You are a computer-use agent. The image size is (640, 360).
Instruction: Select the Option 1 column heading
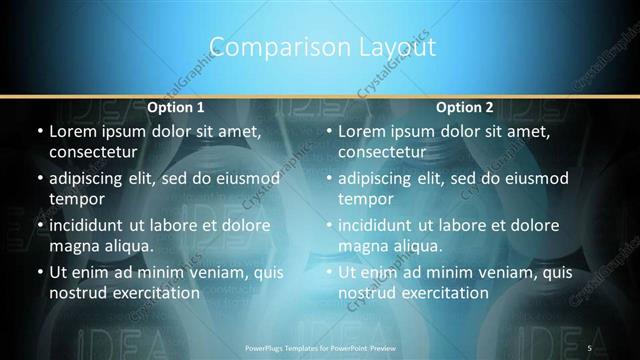pyautogui.click(x=176, y=107)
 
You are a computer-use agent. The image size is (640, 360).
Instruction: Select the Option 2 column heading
pyautogui.click(x=465, y=107)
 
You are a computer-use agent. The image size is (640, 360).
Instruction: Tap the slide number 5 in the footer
pyautogui.click(x=589, y=347)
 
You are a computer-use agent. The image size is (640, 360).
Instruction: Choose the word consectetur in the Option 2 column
pyautogui.click(x=388, y=152)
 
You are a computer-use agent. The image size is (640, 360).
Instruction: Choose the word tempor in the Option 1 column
pyautogui.click(x=75, y=198)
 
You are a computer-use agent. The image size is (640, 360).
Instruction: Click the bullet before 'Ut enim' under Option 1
pyautogui.click(x=39, y=272)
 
